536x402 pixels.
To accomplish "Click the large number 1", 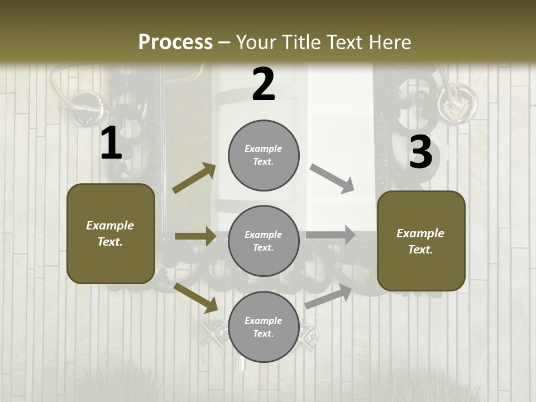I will (111, 143).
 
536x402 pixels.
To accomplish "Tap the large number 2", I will (263, 84).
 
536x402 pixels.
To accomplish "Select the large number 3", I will (420, 152).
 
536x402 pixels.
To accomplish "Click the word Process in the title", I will (175, 42).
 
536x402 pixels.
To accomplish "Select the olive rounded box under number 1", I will (111, 233).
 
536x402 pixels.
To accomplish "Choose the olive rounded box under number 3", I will (421, 241).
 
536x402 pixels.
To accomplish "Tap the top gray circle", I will (264, 155).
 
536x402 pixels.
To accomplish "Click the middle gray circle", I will (264, 241).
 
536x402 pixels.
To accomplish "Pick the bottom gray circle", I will (264, 327).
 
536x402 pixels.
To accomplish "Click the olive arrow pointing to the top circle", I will (194, 178).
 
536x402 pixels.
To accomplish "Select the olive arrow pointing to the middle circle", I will (195, 236).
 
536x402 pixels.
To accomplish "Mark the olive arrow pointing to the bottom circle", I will (196, 298).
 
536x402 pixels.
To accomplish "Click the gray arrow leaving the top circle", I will (332, 179).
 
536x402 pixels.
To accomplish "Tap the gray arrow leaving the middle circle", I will (331, 235).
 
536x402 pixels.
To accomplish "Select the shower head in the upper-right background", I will (457, 103).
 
